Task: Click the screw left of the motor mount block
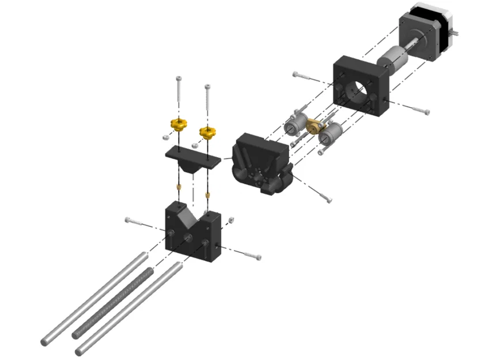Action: (305, 76)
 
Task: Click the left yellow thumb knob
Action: (177, 123)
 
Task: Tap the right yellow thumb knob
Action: (208, 132)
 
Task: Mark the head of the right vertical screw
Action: (207, 88)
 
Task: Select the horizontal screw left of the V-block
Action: (135, 221)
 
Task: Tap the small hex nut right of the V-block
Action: (231, 219)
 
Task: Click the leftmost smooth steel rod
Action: (92, 300)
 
